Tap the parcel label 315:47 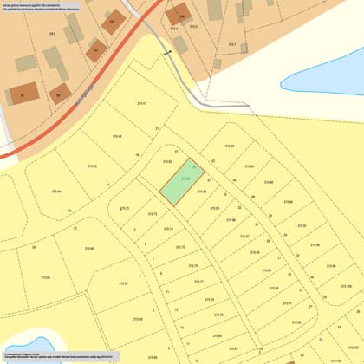[x=141, y=103]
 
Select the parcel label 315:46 [x=117, y=136]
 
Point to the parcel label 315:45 [x=92, y=166]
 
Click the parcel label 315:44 [x=56, y=192]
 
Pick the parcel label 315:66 [x=89, y=248]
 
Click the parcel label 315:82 [x=167, y=161]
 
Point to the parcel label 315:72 [x=124, y=208]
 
